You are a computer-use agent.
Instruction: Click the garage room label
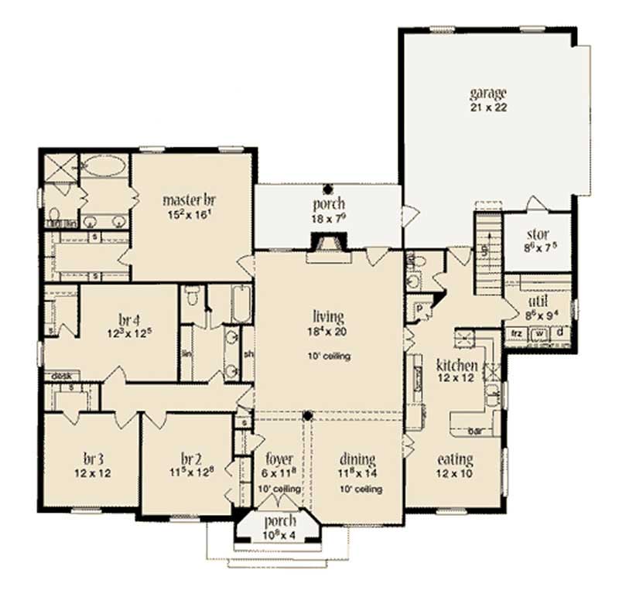coord(487,94)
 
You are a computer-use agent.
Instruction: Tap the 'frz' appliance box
coord(516,333)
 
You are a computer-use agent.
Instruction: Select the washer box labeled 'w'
coord(540,333)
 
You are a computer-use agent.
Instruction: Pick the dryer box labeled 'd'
coord(560,333)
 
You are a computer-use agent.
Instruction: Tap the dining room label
coord(356,459)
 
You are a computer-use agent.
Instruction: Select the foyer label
coord(279,459)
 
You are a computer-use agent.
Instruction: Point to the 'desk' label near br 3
coord(62,376)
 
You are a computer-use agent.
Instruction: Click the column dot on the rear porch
coord(328,188)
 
